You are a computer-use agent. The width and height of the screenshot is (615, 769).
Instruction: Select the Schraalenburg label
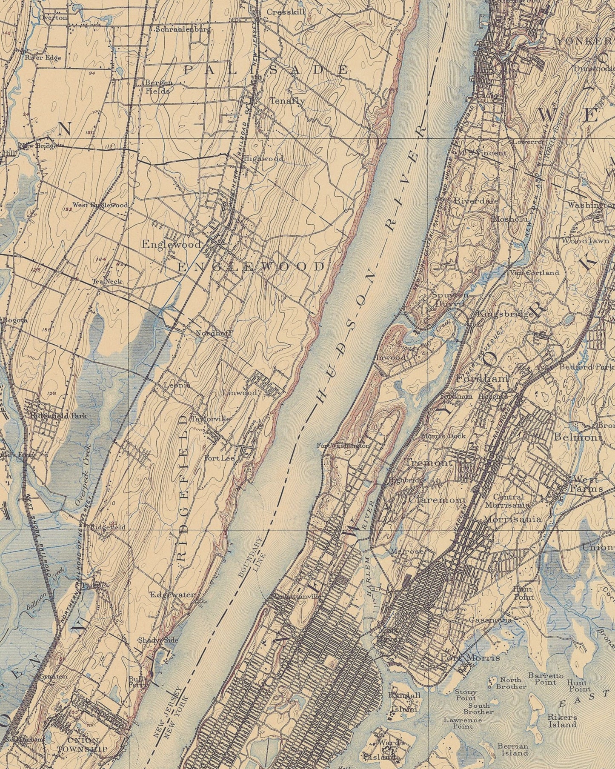click(x=183, y=30)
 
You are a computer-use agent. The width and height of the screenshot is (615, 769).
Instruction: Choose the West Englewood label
click(x=100, y=205)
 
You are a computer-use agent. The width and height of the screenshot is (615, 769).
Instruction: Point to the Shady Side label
click(x=152, y=640)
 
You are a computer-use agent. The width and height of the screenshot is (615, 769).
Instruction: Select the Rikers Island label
click(x=562, y=720)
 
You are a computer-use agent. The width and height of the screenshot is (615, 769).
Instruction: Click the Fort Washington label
click(x=343, y=446)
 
